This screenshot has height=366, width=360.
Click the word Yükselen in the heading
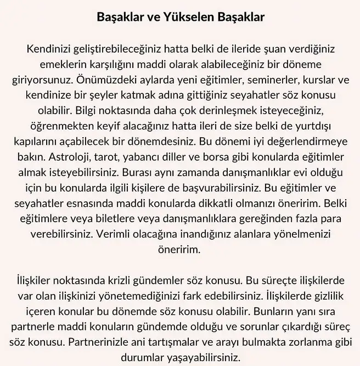[x=179, y=17]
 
